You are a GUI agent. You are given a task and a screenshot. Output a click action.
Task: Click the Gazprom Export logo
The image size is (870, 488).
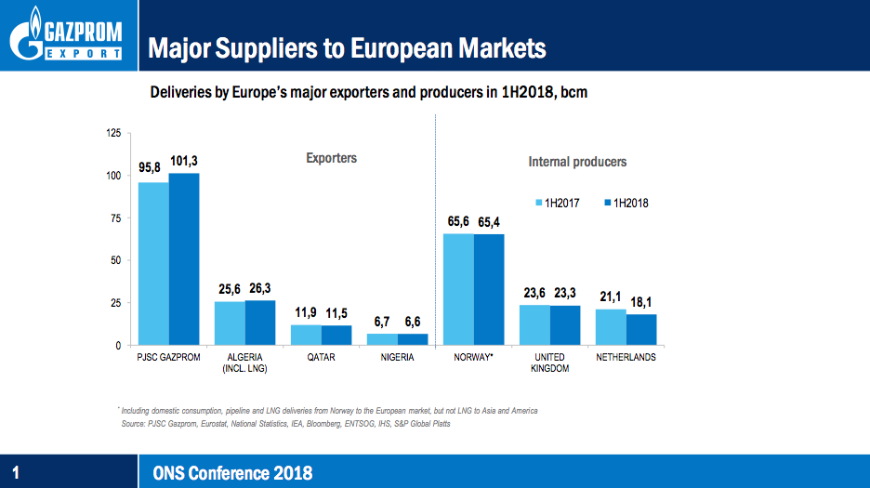[x=67, y=35]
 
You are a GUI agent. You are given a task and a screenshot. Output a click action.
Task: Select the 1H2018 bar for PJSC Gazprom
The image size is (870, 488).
[x=184, y=259]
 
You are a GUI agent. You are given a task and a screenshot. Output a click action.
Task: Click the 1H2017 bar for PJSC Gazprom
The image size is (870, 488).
[x=153, y=264]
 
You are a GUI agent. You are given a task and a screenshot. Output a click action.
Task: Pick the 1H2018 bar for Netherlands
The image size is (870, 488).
[x=641, y=330]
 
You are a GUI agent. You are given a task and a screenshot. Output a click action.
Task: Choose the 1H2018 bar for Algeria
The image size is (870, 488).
[x=260, y=323]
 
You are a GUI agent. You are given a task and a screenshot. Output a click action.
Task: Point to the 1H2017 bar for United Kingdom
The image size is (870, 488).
[x=534, y=325]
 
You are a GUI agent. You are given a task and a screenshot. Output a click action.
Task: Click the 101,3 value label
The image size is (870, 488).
[x=184, y=162]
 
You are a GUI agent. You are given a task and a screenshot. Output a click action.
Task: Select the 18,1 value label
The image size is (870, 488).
[x=641, y=303]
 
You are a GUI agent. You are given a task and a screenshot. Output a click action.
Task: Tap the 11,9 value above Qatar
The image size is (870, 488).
[x=306, y=312]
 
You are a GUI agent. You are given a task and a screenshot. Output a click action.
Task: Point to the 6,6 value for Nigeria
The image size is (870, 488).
[x=413, y=322]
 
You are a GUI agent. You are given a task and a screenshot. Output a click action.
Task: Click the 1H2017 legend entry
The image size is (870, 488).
[x=557, y=203]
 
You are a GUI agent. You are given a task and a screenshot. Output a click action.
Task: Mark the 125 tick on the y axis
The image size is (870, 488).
[x=112, y=134]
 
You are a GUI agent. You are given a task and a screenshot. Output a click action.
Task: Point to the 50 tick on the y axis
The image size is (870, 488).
[x=115, y=260]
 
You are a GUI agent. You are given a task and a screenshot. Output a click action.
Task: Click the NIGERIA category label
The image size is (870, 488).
[x=397, y=357]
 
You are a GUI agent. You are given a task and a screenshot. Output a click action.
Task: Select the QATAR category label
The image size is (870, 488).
[x=321, y=357]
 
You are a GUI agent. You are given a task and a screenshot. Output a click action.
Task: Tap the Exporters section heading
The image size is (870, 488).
[x=331, y=158]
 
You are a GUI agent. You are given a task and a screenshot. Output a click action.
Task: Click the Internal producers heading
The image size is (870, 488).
[x=577, y=162]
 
